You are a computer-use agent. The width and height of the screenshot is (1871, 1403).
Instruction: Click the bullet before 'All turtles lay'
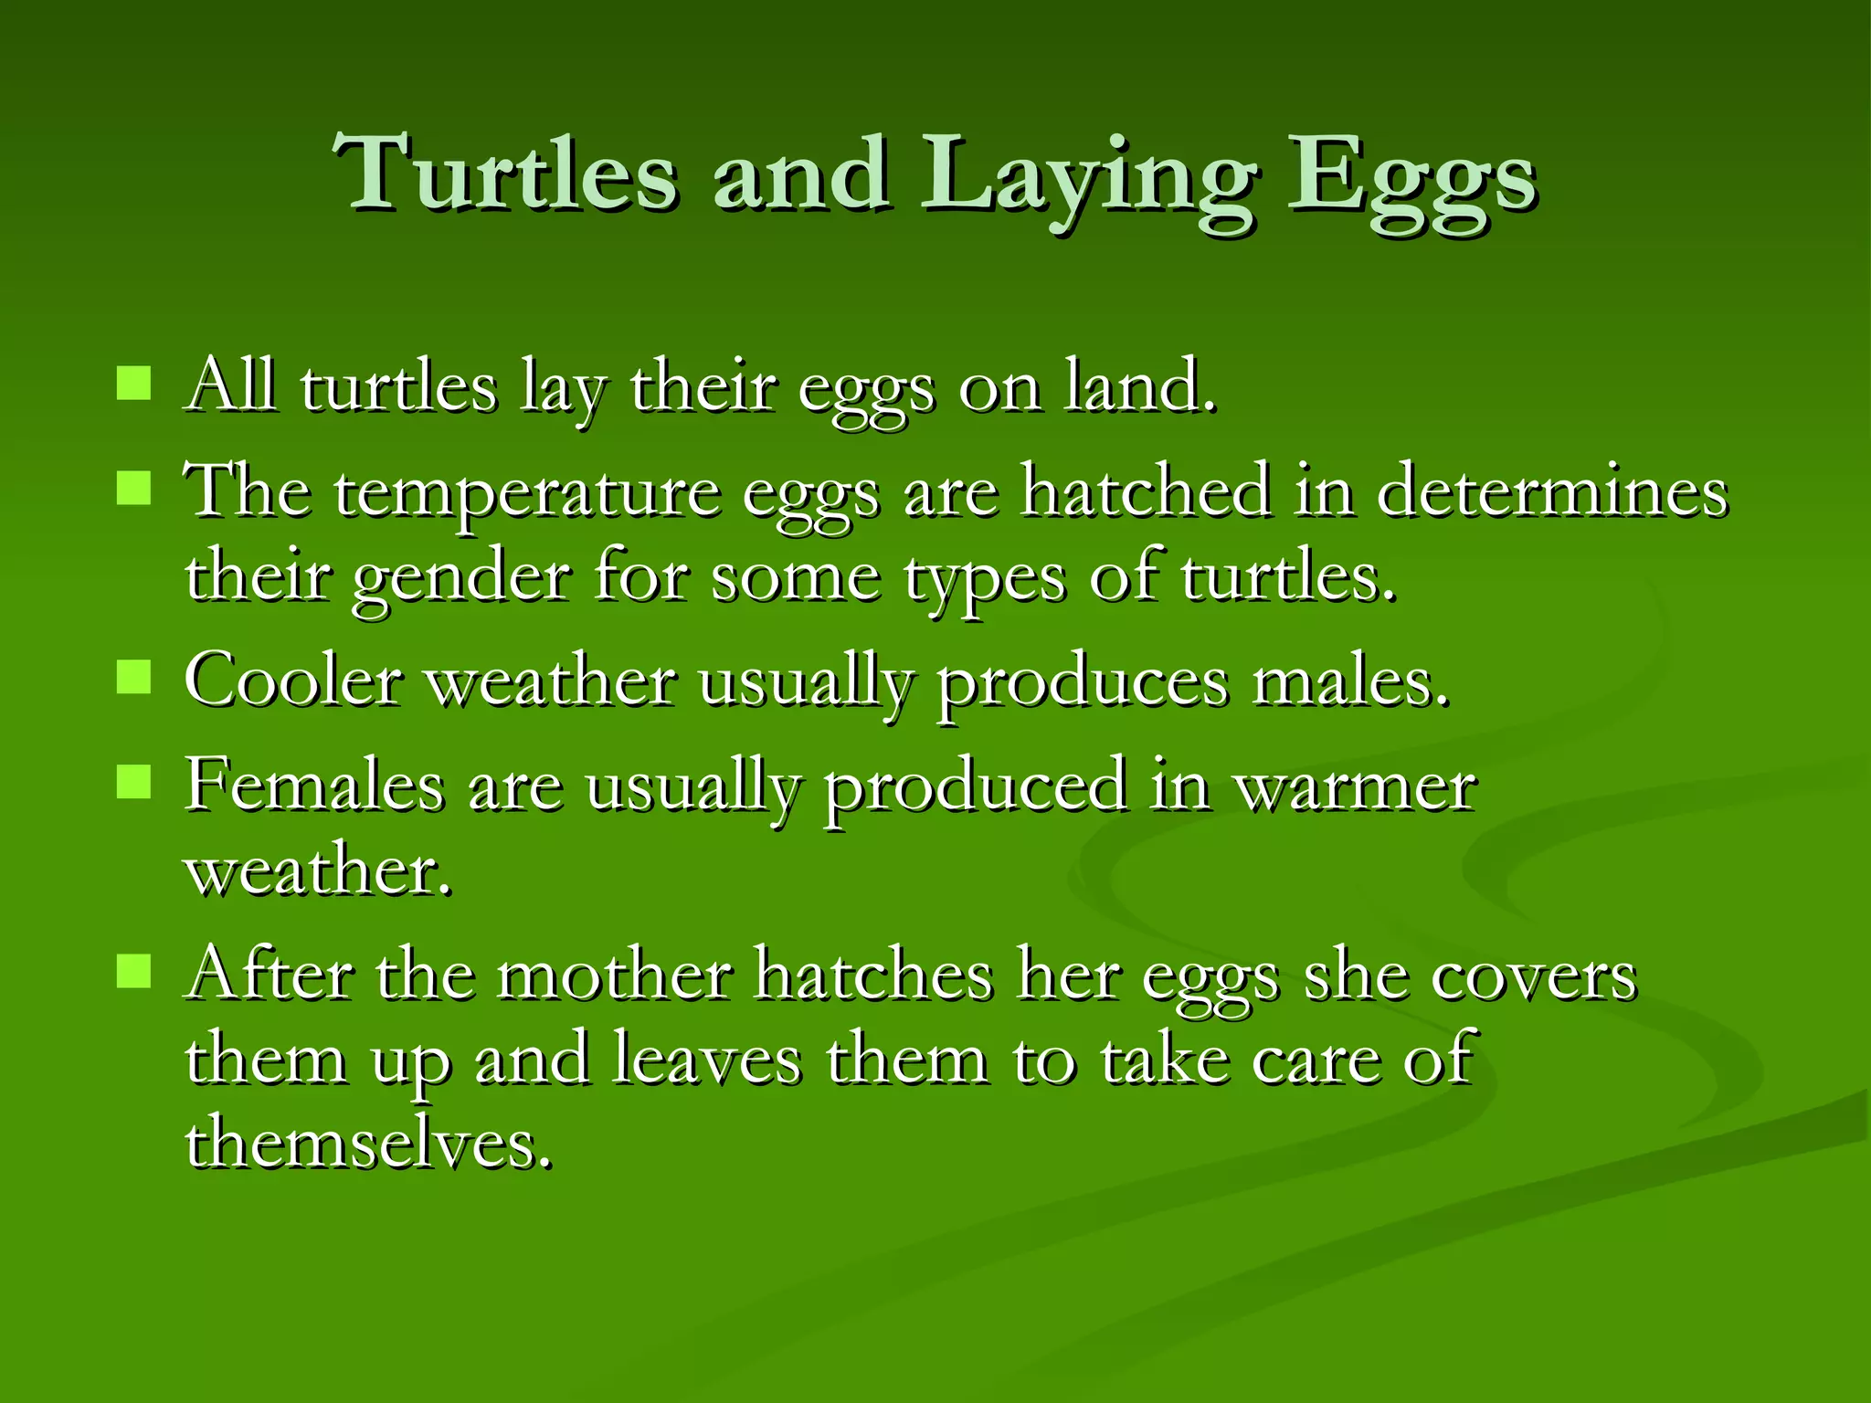pos(133,384)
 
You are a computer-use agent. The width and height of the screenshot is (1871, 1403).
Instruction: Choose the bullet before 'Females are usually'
pos(133,782)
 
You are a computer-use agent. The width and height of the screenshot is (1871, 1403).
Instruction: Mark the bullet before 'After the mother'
pos(133,972)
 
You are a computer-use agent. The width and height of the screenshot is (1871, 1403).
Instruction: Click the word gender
pos(461,579)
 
